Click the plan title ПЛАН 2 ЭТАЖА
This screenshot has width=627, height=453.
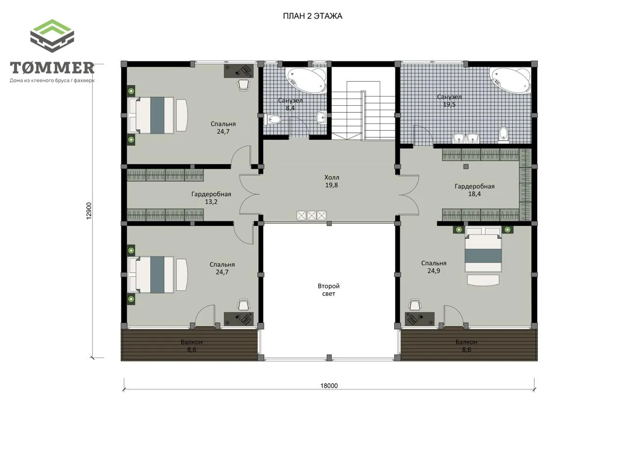click(313, 16)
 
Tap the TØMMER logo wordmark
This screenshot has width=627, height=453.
click(52, 68)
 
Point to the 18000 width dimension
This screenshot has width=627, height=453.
click(329, 386)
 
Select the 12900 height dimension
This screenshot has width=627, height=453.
click(89, 211)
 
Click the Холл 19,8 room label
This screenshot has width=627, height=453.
click(332, 181)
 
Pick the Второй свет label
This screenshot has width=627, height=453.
click(329, 290)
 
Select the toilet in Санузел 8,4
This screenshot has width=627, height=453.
click(272, 119)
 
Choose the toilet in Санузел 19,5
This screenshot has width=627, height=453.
click(504, 135)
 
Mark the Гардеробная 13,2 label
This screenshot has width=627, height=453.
click(211, 198)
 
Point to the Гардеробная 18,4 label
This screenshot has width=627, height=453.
click(475, 190)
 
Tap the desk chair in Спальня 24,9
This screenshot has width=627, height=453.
click(414, 305)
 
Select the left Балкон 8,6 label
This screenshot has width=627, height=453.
click(192, 346)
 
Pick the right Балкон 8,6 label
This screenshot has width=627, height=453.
click(466, 346)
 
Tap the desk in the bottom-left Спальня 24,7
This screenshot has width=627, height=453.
click(239, 319)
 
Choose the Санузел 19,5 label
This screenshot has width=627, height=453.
click(449, 101)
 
